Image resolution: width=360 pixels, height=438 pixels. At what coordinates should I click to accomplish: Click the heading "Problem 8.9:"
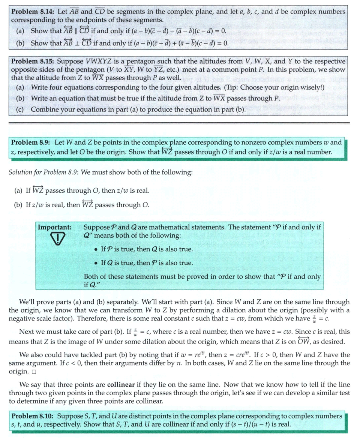coord(31,143)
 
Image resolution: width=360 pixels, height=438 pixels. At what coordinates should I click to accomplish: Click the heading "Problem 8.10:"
coord(33,416)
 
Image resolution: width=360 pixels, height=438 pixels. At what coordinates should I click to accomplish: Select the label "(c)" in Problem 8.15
coord(20,110)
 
